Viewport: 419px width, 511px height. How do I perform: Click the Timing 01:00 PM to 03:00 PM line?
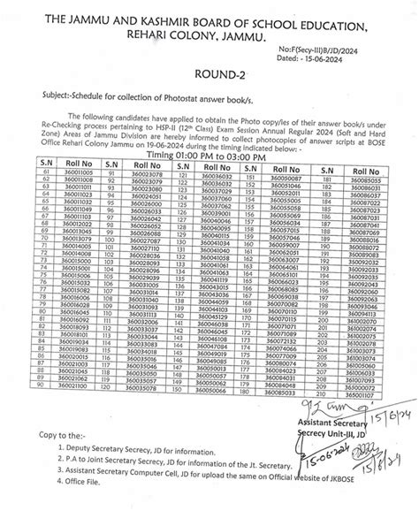tap(209, 152)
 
